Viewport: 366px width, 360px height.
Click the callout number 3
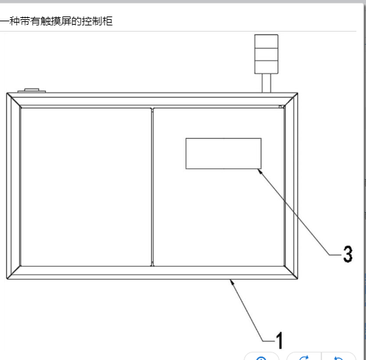pyautogui.click(x=347, y=254)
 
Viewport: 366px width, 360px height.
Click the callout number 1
pyautogui.click(x=279, y=340)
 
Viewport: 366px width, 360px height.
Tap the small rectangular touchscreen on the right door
pyautogui.click(x=223, y=153)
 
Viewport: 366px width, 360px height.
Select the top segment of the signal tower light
pyautogui.click(x=266, y=41)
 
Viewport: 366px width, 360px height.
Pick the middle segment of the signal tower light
pyautogui.click(x=266, y=54)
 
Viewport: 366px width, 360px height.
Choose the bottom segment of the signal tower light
pyautogui.click(x=266, y=67)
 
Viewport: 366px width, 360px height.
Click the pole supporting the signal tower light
pyautogui.click(x=266, y=83)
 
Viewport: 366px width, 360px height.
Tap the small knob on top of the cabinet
pyautogui.click(x=32, y=91)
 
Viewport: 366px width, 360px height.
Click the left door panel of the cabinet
pyautogui.click(x=86, y=187)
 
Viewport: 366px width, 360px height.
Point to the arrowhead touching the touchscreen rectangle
pyautogui.click(x=260, y=171)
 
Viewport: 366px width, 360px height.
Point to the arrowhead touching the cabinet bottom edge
pyautogui.click(x=232, y=282)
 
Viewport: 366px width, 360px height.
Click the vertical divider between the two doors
pyautogui.click(x=152, y=187)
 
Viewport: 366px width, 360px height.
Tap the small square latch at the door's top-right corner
pyautogui.click(x=280, y=106)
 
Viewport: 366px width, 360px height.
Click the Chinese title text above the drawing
pyautogui.click(x=56, y=21)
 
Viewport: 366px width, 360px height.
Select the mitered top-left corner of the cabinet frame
pyautogui.click(x=14, y=100)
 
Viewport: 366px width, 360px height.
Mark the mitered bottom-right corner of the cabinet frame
pyautogui.click(x=291, y=272)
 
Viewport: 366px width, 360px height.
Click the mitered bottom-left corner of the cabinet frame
pyautogui.click(x=14, y=272)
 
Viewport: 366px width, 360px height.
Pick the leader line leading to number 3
pyautogui.click(x=294, y=212)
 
